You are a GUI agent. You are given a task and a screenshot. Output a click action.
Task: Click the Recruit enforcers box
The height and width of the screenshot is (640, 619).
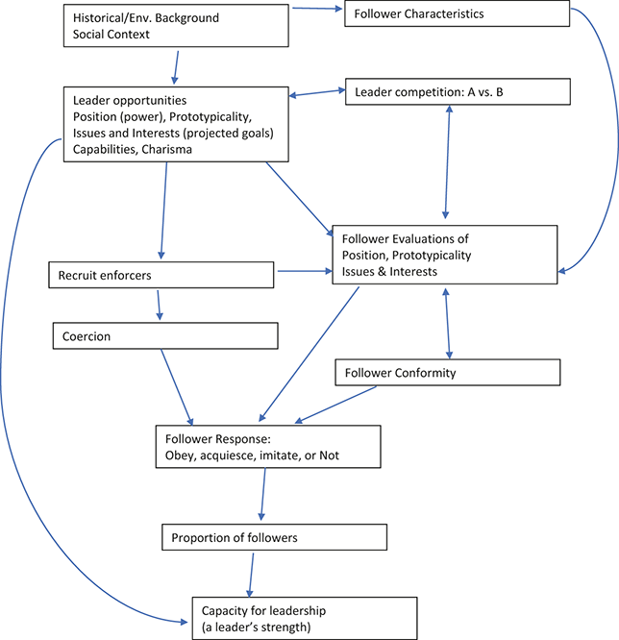(x=161, y=276)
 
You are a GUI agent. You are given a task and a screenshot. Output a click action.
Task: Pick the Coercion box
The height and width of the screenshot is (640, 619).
(x=163, y=335)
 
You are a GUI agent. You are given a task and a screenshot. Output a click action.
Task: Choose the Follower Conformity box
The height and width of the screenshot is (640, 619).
(x=448, y=372)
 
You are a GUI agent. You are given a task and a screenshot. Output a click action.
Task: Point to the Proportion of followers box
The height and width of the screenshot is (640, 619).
(x=274, y=537)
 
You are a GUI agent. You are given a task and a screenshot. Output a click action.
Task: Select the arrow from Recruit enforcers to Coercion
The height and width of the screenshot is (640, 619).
(x=159, y=305)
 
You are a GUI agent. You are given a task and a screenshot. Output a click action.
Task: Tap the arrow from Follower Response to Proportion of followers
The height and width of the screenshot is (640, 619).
(x=262, y=496)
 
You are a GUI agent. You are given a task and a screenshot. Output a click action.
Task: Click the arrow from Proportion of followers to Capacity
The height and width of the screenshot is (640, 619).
(x=253, y=573)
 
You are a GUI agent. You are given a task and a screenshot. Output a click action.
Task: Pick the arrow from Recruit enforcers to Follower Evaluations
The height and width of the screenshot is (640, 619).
(x=303, y=272)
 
